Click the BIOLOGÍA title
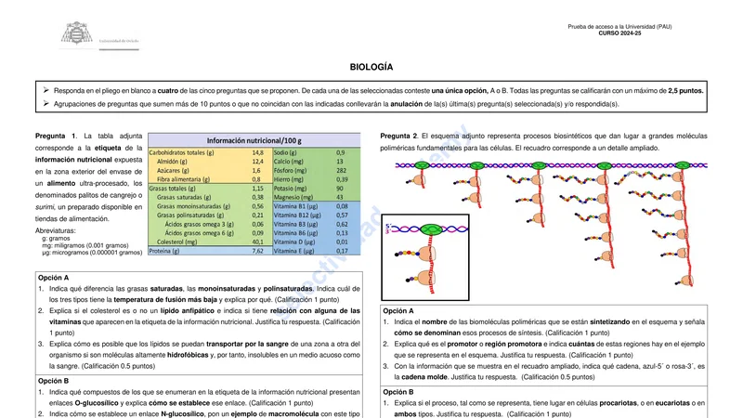pos(371,68)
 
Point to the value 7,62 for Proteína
pos(258,251)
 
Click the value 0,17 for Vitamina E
pos(342,251)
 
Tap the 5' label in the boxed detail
pos(387,224)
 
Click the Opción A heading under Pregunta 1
pos(54,278)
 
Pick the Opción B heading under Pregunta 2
pos(399,392)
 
